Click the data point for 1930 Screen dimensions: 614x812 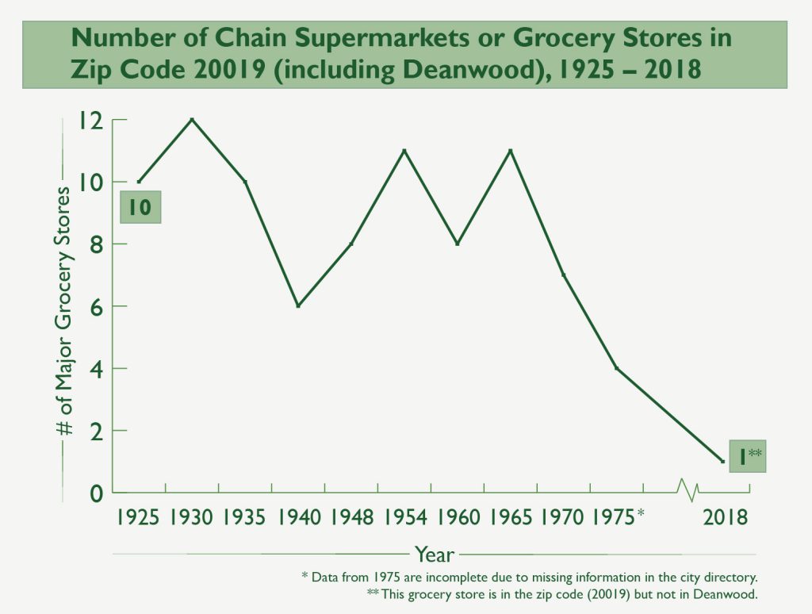coord(192,120)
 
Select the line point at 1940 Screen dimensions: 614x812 coord(298,306)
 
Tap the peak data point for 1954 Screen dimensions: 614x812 coord(404,151)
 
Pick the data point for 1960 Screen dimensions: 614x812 coord(458,244)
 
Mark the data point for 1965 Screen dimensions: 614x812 coord(511,151)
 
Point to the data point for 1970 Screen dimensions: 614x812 coord(564,275)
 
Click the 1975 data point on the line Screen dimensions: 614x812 coord(616,368)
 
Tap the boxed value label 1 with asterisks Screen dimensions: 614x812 coord(747,457)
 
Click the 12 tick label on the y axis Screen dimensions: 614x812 coord(91,121)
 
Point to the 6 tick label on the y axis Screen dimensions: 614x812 coord(97,307)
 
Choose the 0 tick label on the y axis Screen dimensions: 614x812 coord(97,493)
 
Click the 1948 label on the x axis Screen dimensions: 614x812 coord(352,518)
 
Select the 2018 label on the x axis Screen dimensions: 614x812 coord(726,518)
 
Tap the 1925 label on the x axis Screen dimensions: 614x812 coord(139,518)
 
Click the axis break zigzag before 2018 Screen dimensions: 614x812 coord(688,490)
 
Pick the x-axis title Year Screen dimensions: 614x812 coord(434,555)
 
